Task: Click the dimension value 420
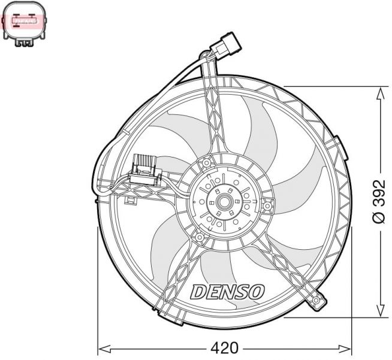pos(224,347)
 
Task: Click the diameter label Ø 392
pos(378,201)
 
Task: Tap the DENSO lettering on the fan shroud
pos(227,292)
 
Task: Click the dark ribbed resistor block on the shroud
pos(146,164)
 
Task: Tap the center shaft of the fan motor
pos(224,202)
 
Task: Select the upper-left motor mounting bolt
pos(207,162)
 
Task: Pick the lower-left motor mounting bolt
pos(195,238)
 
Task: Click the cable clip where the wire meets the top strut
pos(207,57)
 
